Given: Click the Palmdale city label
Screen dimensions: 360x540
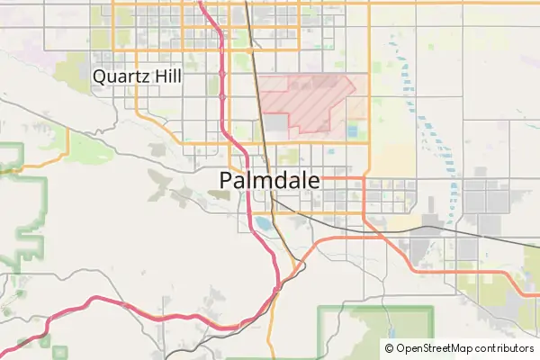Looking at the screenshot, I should [269, 181].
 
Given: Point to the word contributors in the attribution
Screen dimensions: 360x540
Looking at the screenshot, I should [504, 348].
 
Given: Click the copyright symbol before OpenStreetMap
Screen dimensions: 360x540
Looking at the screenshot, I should [390, 348].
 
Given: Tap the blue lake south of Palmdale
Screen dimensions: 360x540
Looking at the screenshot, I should [262, 222].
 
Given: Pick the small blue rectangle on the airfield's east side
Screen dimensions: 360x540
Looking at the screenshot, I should [352, 132].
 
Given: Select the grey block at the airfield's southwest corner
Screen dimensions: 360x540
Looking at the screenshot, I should [274, 127].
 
